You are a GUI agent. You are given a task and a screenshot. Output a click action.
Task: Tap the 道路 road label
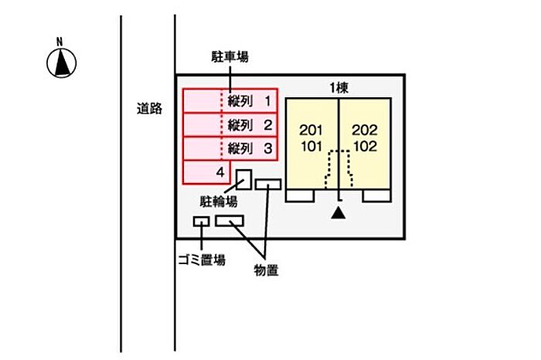[149, 109]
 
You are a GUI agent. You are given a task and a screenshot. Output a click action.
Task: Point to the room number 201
[312, 129]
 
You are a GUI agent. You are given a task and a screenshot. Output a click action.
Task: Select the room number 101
[312, 145]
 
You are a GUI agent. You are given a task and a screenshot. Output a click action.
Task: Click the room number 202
[364, 129]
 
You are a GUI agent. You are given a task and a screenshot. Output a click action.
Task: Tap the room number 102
[364, 145]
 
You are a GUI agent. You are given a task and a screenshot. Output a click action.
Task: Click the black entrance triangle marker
[338, 213]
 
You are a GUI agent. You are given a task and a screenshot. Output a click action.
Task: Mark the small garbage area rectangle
[201, 222]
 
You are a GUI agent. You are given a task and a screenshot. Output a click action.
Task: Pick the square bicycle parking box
[244, 178]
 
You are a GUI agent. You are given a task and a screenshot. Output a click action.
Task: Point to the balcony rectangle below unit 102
[376, 195]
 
